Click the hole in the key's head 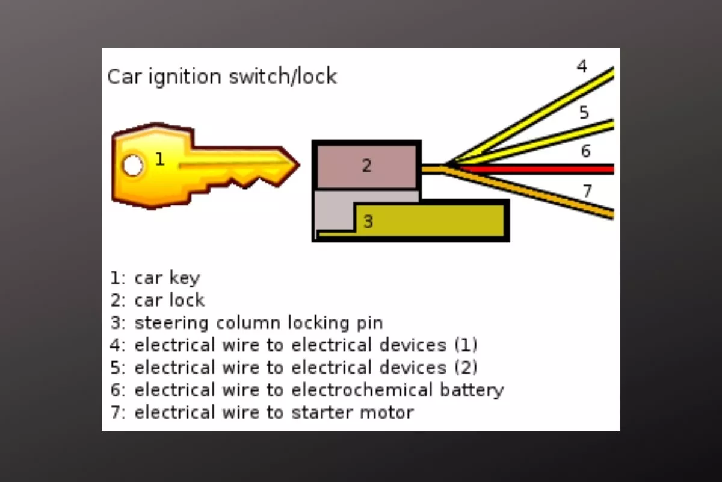pos(133,165)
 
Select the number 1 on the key pos(159,159)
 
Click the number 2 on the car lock pos(367,165)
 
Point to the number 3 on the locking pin pos(368,222)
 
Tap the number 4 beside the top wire pos(582,66)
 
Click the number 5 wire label pos(584,113)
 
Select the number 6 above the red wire pos(585,151)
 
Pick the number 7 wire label pos(587,191)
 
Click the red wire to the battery pos(541,169)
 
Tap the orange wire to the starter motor pos(541,192)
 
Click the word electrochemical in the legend pos(362,390)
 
